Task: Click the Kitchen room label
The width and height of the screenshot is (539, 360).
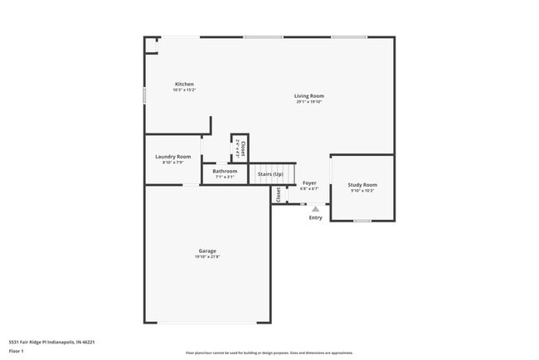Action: (184, 84)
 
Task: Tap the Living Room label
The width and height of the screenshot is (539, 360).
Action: (308, 96)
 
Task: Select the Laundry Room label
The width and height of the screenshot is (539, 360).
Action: (172, 157)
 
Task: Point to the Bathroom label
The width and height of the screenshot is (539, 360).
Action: (225, 171)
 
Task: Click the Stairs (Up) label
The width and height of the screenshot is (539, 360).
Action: (270, 174)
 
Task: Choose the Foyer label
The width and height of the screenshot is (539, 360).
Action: (309, 182)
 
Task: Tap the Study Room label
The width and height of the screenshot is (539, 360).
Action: (362, 184)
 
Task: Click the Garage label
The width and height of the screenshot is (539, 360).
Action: (207, 251)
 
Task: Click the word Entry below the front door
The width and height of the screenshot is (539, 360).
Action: (315, 218)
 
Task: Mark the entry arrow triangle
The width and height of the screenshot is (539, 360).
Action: (315, 209)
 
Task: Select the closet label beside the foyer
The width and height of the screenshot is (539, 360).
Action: (277, 194)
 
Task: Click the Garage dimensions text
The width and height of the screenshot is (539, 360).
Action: (207, 257)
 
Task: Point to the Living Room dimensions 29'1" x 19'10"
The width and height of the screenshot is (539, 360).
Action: (308, 103)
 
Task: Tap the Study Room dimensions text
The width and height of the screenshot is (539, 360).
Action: (362, 191)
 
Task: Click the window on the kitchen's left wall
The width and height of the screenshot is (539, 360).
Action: (145, 96)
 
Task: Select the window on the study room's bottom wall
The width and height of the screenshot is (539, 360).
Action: (362, 221)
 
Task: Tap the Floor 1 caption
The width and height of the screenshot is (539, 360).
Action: (17, 351)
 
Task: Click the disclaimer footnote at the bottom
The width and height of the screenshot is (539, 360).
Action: (269, 353)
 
